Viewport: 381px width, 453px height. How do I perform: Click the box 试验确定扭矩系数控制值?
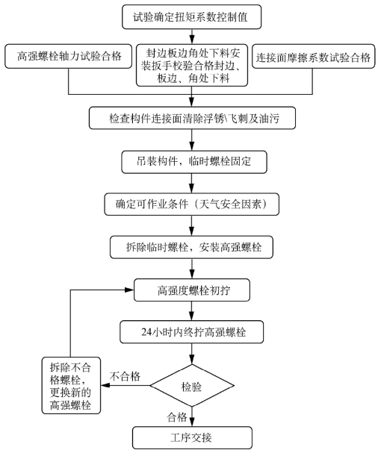coord(191,16)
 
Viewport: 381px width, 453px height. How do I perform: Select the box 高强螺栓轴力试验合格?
coord(68,56)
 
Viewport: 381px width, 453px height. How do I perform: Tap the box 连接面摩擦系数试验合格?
coord(313,56)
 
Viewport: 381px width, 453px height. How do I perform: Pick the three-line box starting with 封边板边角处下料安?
coord(192,65)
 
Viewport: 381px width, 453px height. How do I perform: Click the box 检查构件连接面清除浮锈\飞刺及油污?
coord(192,118)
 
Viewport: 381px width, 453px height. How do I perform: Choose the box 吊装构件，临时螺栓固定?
coord(193,162)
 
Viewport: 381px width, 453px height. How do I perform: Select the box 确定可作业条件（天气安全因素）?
coord(191,204)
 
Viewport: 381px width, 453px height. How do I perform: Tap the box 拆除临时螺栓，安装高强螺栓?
coord(191,247)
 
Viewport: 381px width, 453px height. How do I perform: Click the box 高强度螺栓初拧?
coord(192,290)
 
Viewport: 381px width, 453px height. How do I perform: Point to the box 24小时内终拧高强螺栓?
coord(191,331)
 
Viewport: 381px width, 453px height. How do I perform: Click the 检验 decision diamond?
coord(192,385)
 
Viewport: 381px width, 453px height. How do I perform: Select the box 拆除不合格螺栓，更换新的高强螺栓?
coord(71,385)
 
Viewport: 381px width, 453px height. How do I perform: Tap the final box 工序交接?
coord(192,437)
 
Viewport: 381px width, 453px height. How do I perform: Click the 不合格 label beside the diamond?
coord(125,376)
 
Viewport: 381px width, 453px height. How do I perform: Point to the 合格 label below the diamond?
coord(177,417)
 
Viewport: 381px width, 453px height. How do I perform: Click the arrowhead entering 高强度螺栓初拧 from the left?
coord(129,290)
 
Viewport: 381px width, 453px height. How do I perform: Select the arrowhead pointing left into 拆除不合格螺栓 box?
coord(105,385)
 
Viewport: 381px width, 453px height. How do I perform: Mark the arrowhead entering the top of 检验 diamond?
coord(191,360)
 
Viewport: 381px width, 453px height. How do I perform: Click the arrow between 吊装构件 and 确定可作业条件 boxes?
coord(191,183)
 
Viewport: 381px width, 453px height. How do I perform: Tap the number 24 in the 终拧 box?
coord(146,332)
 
